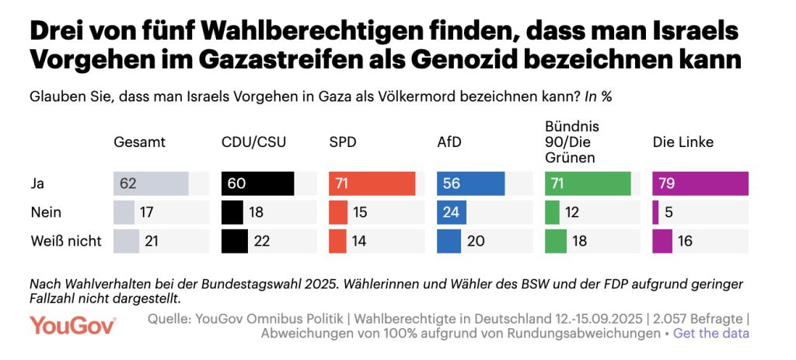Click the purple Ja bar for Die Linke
coord(700,183)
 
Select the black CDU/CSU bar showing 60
coord(258,183)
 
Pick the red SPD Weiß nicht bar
coord(337,241)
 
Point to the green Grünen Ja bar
coord(588,183)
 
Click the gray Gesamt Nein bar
coord(124,212)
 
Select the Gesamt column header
coord(140,142)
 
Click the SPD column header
coord(344,142)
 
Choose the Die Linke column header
coord(683,142)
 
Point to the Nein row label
coord(45,212)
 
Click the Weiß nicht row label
coord(65,241)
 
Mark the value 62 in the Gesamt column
coord(129,183)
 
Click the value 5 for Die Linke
coord(668,212)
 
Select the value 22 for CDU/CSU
coord(263,241)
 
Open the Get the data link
coord(710,334)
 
